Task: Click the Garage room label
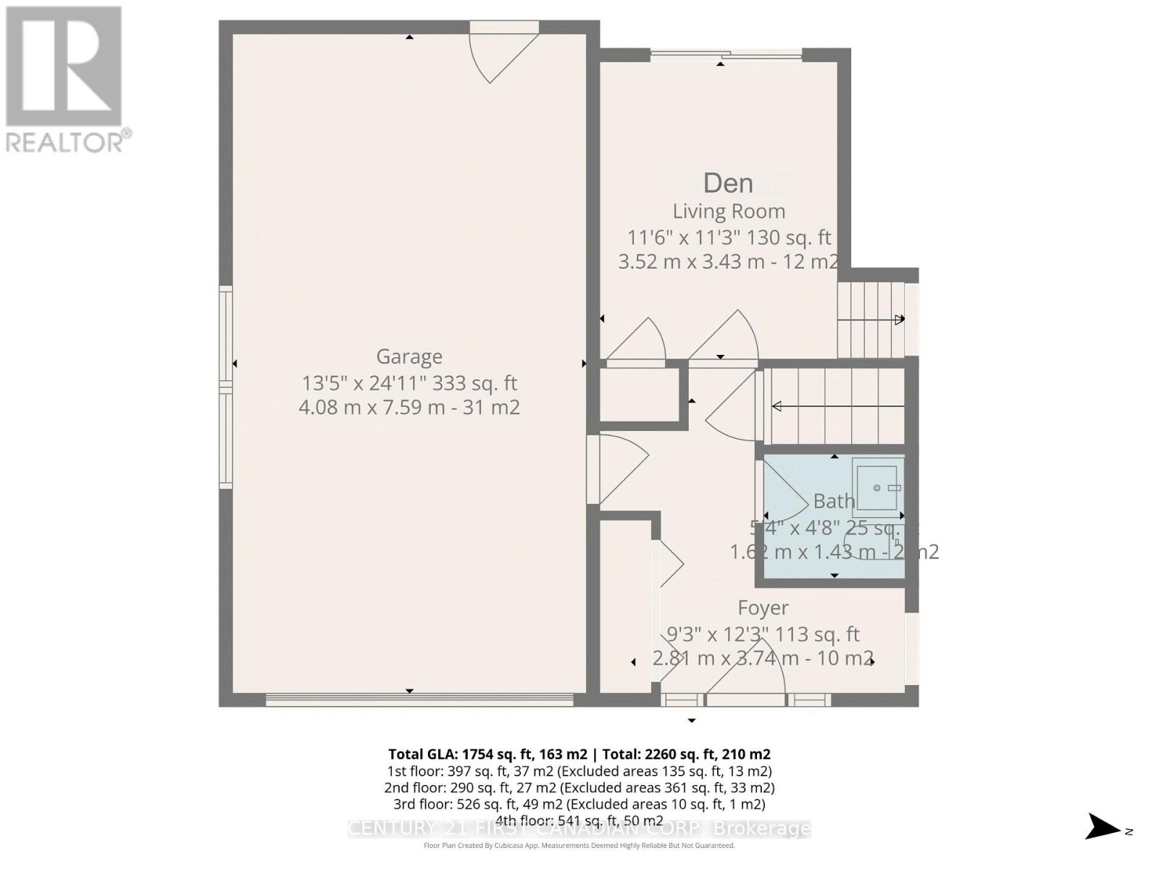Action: tap(409, 356)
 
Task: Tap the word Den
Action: tap(728, 183)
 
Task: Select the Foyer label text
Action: tap(763, 608)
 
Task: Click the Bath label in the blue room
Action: tap(834, 500)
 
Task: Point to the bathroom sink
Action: tap(877, 487)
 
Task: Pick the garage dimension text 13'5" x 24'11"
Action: tap(409, 382)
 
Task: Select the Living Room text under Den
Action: tap(729, 211)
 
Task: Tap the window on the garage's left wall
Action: tap(226, 387)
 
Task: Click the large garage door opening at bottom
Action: tap(419, 700)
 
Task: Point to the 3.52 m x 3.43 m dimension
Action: tap(728, 261)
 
